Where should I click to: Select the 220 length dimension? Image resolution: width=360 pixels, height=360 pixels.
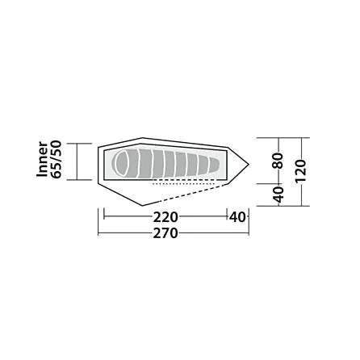point(165,216)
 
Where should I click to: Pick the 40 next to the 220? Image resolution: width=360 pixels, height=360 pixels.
point(237,216)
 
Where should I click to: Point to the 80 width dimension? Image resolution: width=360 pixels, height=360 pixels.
point(277,161)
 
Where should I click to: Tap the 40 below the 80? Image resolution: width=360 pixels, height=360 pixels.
point(277,195)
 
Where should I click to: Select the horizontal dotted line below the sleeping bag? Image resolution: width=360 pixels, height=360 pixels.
point(174,183)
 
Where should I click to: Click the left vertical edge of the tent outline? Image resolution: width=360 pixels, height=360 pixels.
point(98,165)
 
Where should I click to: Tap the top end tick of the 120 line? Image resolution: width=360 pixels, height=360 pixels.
point(299,139)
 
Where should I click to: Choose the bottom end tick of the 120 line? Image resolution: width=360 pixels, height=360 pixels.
point(299,205)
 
